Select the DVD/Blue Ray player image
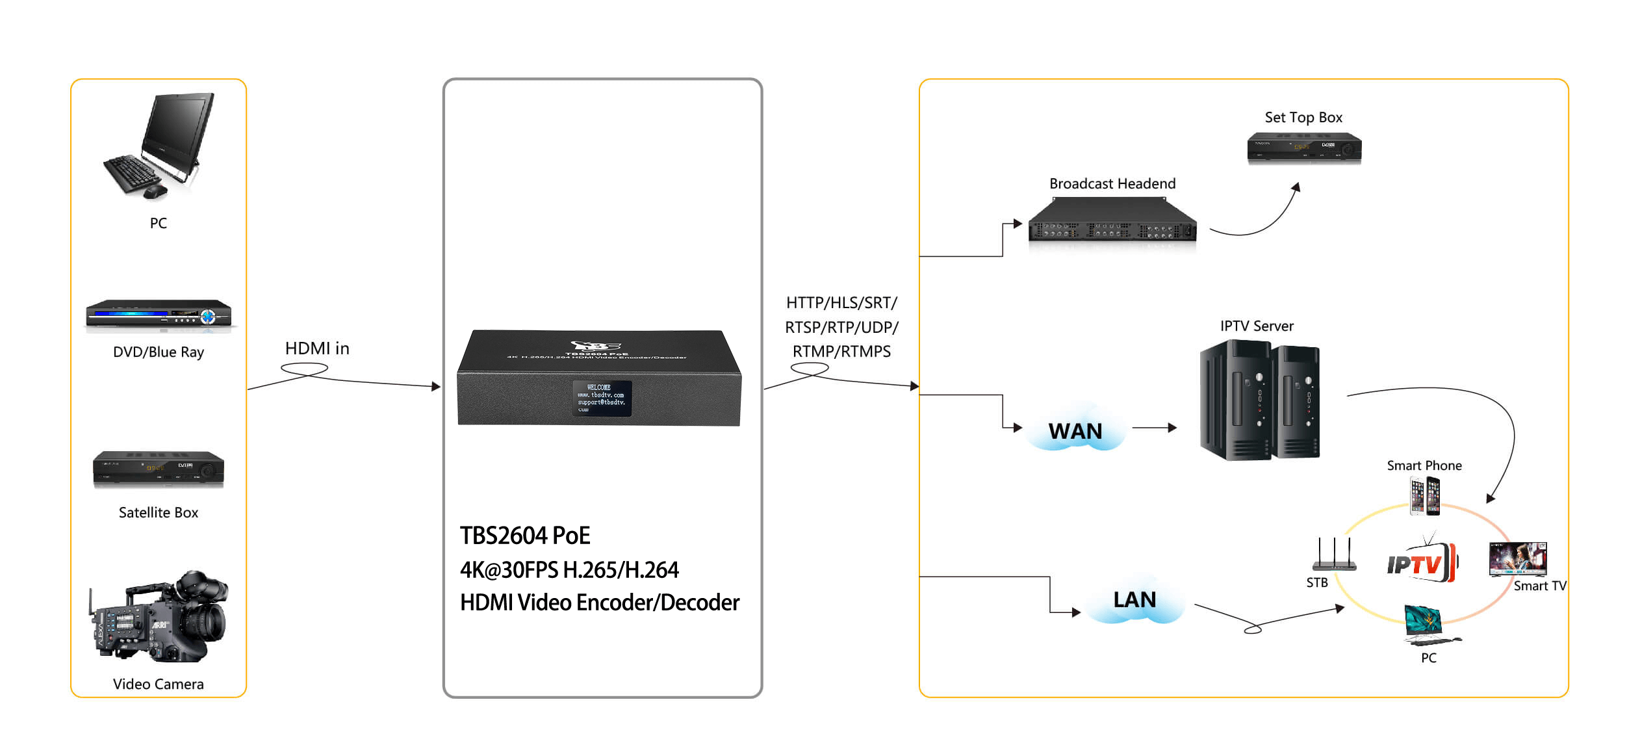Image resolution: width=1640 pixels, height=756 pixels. pos(159,315)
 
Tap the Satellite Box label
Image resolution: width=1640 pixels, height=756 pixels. pos(159,512)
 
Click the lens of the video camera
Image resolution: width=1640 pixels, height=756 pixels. pos(211,621)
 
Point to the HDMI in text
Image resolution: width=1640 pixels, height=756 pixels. pos(317,348)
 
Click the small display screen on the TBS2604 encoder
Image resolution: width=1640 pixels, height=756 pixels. pos(602,398)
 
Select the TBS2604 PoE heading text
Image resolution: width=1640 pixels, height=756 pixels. pos(525,536)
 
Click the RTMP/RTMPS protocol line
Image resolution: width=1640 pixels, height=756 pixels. pos(841,352)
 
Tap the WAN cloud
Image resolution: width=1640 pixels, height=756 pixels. pos(1075,430)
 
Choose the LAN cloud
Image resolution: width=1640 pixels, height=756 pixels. pos(1134,599)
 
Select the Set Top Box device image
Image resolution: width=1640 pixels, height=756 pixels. pos(1303,147)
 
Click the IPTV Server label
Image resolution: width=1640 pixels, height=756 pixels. pos(1257,326)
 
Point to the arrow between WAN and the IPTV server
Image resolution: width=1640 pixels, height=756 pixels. pos(1154,428)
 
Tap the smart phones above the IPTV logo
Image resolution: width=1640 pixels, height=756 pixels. pos(1424,496)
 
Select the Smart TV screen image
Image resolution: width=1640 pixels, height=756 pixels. pos(1518,558)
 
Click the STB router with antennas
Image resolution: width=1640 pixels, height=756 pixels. pos(1334,556)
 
